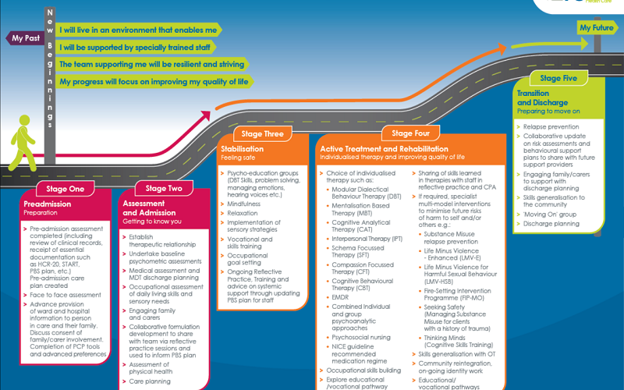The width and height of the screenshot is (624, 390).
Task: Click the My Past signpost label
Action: pos(26,37)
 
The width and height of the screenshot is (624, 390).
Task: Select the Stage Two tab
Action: pos(164,188)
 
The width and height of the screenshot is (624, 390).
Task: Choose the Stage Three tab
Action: pos(263,134)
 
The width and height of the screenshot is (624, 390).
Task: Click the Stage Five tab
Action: pos(558,78)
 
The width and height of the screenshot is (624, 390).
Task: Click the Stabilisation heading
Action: pos(242,148)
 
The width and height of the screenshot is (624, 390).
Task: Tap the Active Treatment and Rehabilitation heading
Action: pos(385,148)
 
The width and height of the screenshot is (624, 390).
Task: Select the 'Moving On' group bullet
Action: pos(551,213)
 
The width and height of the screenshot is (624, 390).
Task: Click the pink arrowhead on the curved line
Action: pos(207,116)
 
